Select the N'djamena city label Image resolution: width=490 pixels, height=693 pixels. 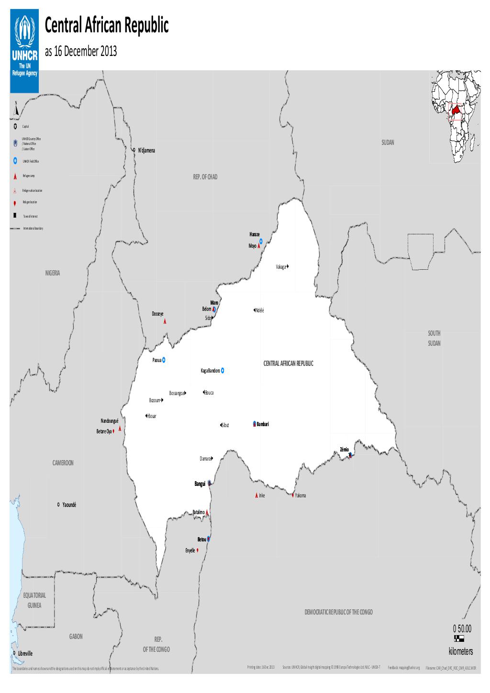point(147,151)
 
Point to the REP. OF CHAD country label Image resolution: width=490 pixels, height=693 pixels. point(205,177)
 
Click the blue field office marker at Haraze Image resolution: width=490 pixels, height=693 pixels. point(261,241)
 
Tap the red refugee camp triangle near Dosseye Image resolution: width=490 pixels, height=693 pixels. point(165,322)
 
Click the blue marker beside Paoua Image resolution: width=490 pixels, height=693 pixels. point(164,360)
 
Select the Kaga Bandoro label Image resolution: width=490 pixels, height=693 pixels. point(211,371)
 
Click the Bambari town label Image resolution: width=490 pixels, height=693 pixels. point(263,424)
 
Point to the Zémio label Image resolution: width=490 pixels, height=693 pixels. point(344,450)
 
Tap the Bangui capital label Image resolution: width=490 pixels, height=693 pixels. point(200,484)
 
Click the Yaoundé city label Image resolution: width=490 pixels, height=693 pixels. point(69,505)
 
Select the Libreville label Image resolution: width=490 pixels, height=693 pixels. point(25,653)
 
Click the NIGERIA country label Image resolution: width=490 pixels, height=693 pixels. point(53,273)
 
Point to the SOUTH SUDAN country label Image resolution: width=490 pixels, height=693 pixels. point(434,338)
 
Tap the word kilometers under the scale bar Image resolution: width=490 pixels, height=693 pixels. point(460,651)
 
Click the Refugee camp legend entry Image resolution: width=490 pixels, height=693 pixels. point(28,176)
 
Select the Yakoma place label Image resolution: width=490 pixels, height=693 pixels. point(301,495)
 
